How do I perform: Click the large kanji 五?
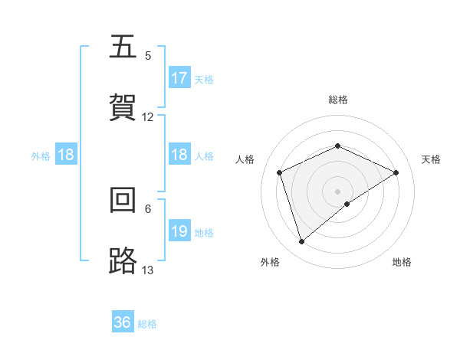[123, 48]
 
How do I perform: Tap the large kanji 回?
[123, 201]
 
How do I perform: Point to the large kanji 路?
[123, 261]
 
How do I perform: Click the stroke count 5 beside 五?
[148, 56]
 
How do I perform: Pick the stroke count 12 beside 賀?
[148, 117]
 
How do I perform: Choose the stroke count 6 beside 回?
[148, 208]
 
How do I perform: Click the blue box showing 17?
[179, 78]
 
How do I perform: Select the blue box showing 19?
[179, 231]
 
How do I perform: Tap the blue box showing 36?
[123, 322]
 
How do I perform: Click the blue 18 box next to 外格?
[66, 155]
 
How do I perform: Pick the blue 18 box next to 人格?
[179, 155]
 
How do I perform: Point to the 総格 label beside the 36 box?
[147, 324]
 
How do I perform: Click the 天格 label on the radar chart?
[432, 159]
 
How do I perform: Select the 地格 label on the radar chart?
[402, 262]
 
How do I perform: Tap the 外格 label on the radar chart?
[270, 262]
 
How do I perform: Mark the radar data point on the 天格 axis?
[396, 172]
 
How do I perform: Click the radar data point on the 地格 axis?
[347, 204]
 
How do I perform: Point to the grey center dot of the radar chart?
[337, 191]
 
